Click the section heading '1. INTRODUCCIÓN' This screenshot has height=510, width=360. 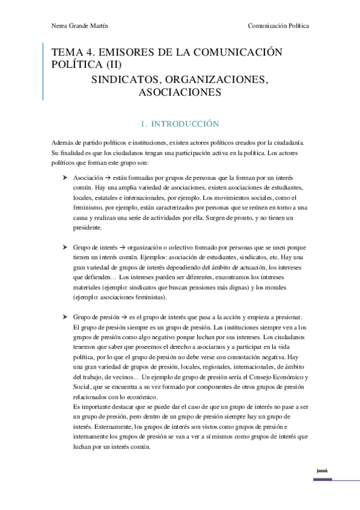click(x=179, y=124)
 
